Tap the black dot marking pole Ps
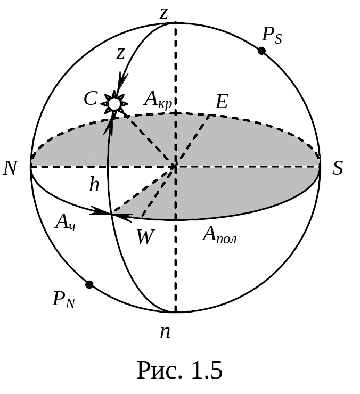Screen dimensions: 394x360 pos(261,51)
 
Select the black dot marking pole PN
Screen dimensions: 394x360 pos(89,284)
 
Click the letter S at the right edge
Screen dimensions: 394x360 pos(338,168)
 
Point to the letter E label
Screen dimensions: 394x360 pos(221,102)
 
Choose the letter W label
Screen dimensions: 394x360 pos(145,236)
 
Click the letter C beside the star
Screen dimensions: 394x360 pos(91,98)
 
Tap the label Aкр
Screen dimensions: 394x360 pos(158,100)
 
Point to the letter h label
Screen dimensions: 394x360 pos(94,185)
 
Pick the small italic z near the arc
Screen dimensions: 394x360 pos(121,53)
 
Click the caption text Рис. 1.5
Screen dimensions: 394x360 pos(179,370)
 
